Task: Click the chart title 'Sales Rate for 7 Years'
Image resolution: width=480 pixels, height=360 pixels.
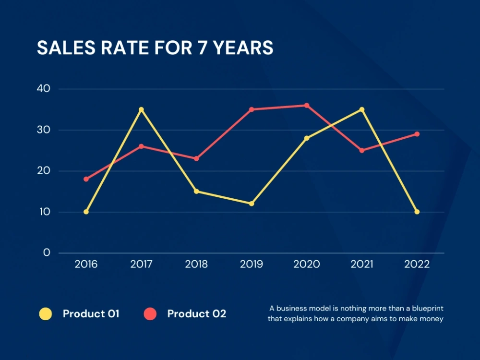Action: [x=155, y=48]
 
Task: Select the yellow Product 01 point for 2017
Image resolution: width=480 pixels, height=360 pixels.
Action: [x=141, y=109]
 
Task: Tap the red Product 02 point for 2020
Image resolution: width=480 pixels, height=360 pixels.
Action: [x=307, y=106]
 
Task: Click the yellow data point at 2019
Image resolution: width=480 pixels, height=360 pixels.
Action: [x=252, y=204]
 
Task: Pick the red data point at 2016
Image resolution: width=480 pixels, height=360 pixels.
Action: [x=86, y=179]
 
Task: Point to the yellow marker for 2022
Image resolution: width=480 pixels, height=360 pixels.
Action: [x=417, y=212]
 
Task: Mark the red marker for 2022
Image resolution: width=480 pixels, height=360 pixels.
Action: [x=417, y=134]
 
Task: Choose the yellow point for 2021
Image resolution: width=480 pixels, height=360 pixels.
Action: [x=362, y=109]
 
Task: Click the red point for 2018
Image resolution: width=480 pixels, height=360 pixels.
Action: [x=196, y=158]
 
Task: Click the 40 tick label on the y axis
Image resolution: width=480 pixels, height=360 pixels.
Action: [x=44, y=89]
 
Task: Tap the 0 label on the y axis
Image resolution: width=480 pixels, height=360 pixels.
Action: [x=47, y=252]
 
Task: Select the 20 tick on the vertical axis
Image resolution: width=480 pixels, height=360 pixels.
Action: [x=44, y=171]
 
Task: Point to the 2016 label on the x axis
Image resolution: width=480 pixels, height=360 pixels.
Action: [x=86, y=264]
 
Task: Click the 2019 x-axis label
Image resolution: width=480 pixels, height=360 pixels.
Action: [x=252, y=264]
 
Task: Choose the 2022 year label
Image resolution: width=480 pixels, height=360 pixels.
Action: [x=417, y=264]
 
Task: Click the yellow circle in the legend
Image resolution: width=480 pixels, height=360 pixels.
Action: [x=46, y=314]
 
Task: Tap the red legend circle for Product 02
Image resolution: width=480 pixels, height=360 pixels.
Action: [x=150, y=314]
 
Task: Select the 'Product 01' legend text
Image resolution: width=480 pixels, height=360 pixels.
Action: [x=91, y=314]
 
